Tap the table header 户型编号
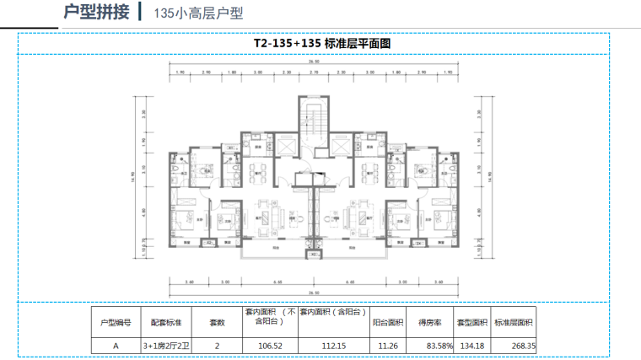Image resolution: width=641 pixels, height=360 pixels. [x=116, y=322]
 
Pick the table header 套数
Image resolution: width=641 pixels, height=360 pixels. [x=218, y=322]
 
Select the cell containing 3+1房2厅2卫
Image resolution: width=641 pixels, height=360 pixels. [x=167, y=345]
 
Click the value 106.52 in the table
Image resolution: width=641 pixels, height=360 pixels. [x=268, y=345]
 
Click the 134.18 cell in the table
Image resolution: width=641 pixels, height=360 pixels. [x=473, y=345]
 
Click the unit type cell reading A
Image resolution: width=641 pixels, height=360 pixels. [x=116, y=345]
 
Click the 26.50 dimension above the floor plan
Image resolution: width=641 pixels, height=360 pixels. [x=313, y=63]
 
